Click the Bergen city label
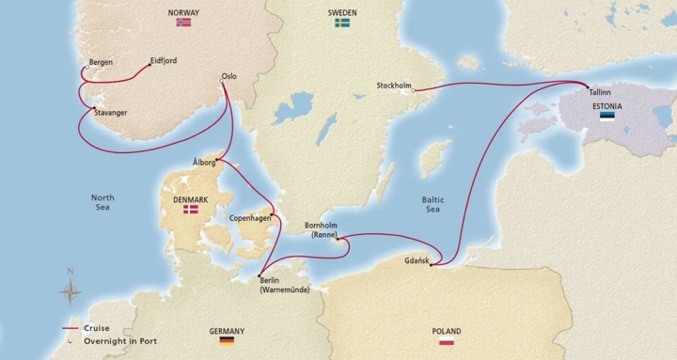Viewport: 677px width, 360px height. (x=100, y=63)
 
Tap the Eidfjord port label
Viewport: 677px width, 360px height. (x=164, y=62)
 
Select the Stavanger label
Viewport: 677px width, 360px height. (x=111, y=113)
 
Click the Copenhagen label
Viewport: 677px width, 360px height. (x=251, y=218)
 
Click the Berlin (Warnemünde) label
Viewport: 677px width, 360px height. (x=285, y=285)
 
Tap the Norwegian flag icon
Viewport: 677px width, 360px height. (x=183, y=22)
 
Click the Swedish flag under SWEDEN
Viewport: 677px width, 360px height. (x=342, y=22)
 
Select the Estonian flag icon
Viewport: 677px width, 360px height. (x=608, y=118)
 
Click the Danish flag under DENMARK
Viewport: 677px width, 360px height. (x=192, y=211)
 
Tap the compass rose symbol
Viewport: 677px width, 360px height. (x=70, y=290)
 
